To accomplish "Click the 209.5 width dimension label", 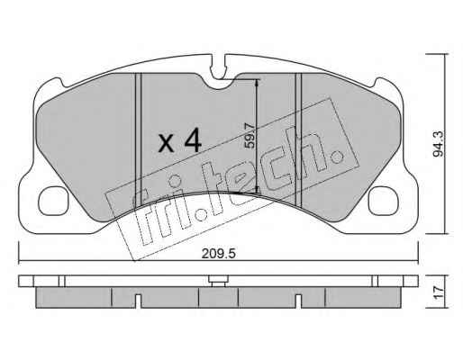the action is coord(219,254).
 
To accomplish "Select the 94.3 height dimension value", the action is coord(438,145).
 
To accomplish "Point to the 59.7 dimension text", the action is coord(250,136).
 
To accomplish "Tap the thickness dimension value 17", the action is coord(439,292).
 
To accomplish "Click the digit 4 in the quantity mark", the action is coord(193,139).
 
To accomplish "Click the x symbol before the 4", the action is coord(166,143).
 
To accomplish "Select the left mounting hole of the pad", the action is coord(53,201).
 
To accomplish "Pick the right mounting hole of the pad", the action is coord(383,201).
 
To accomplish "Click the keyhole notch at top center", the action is coord(218,67).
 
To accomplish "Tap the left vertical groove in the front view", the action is coord(138,139).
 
